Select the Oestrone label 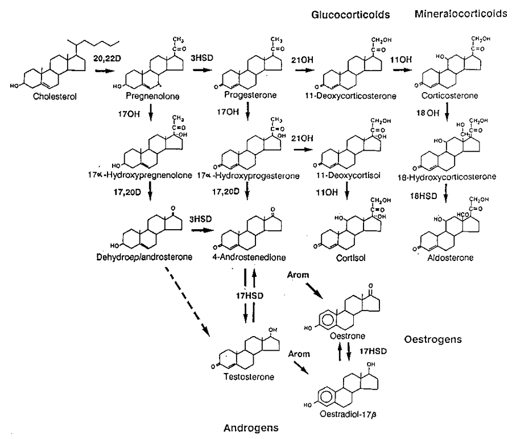pyautogui.click(x=343, y=336)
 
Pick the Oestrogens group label pyautogui.click(x=432, y=339)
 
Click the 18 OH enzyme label pyautogui.click(x=427, y=113)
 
